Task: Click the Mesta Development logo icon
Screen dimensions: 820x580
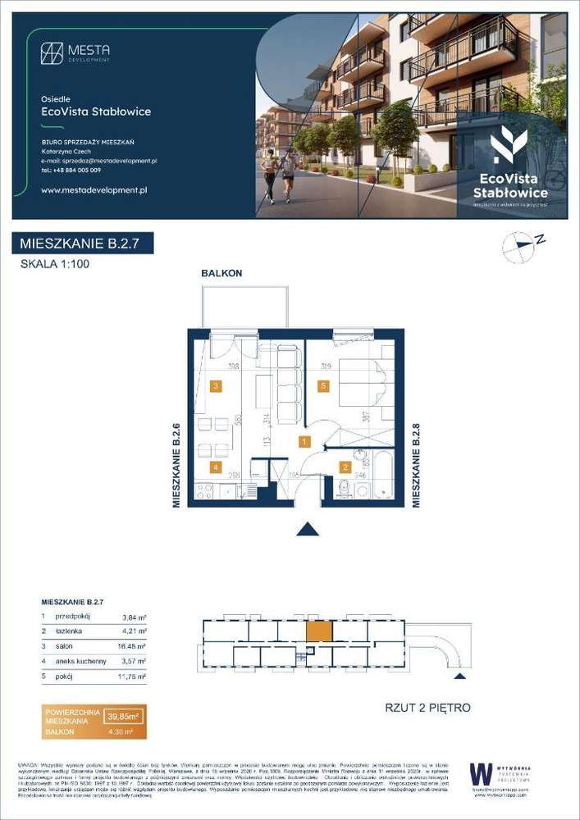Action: pyautogui.click(x=52, y=53)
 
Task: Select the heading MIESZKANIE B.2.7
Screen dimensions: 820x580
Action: pyautogui.click(x=83, y=244)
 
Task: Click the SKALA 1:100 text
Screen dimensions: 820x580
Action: pyautogui.click(x=55, y=264)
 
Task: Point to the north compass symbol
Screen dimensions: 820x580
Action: pyautogui.click(x=518, y=245)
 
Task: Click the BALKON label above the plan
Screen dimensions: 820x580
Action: pyautogui.click(x=221, y=274)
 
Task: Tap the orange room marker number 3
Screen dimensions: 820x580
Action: pyautogui.click(x=216, y=386)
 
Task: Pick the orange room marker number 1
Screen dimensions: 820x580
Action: pyautogui.click(x=304, y=442)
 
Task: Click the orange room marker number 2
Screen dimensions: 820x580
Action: pyautogui.click(x=346, y=468)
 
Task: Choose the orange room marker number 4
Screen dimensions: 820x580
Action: pyautogui.click(x=216, y=468)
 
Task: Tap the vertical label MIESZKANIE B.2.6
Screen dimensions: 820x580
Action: pyautogui.click(x=176, y=464)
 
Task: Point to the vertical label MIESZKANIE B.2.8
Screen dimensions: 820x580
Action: pyautogui.click(x=416, y=464)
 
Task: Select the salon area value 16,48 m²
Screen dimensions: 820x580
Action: pyautogui.click(x=133, y=646)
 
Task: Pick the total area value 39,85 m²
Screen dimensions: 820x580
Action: pyautogui.click(x=125, y=716)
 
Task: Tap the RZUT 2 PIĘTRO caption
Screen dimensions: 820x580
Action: pyautogui.click(x=427, y=707)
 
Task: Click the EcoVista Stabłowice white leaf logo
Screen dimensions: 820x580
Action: pyautogui.click(x=509, y=146)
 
